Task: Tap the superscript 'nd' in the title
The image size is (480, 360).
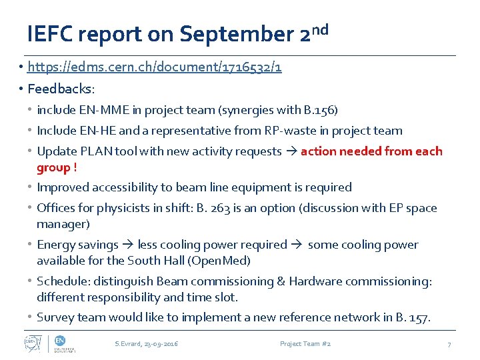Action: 319,29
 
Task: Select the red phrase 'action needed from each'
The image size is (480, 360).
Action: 371,151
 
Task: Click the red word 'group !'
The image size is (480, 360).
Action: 57,167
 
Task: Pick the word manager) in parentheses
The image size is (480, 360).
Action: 63,224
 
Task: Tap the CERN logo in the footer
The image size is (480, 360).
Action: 33,343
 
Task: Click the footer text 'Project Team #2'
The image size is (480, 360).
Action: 305,344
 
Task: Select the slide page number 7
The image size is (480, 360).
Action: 449,344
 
